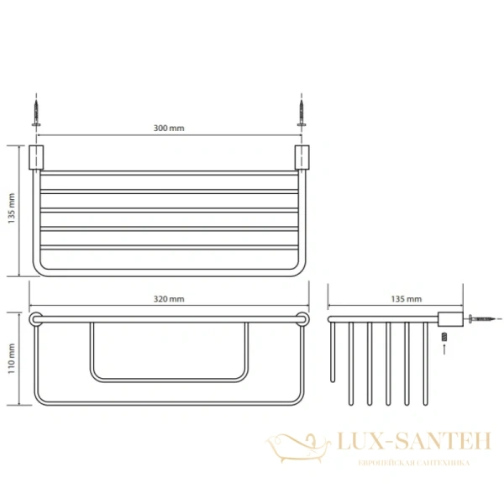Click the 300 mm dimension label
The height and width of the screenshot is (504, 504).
pos(169,128)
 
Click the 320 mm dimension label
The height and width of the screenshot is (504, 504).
pos(169,299)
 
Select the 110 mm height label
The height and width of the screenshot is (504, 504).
pos(12,359)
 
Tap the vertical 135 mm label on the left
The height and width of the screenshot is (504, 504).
pos(12,208)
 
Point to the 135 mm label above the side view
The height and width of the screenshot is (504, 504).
pos(407,299)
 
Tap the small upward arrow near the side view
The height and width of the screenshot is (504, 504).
pos(444,349)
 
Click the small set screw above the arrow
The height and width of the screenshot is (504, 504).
pos(444,337)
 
